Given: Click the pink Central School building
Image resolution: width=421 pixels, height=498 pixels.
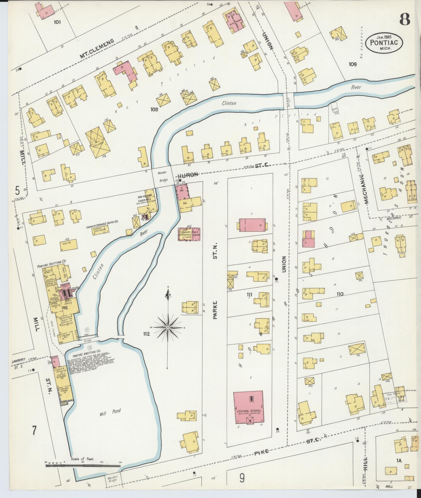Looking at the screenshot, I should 248,411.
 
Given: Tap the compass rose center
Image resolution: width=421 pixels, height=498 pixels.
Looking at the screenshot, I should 168,328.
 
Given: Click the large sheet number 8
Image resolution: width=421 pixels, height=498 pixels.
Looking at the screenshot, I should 405,19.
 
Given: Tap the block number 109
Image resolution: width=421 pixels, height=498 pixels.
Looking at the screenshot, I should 352,64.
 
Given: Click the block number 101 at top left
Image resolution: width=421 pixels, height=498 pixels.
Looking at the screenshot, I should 57,22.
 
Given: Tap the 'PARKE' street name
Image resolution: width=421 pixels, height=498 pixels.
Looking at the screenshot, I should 215,310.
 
